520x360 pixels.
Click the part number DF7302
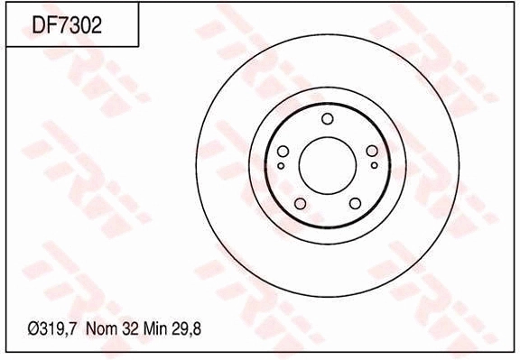[67, 25]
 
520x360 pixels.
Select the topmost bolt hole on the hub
[327, 119]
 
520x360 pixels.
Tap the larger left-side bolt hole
[283, 152]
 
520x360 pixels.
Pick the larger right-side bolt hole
[371, 152]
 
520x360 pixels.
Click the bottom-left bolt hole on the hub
[300, 202]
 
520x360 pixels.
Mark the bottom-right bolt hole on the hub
[355, 202]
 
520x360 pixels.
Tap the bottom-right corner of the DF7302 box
[138, 46]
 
